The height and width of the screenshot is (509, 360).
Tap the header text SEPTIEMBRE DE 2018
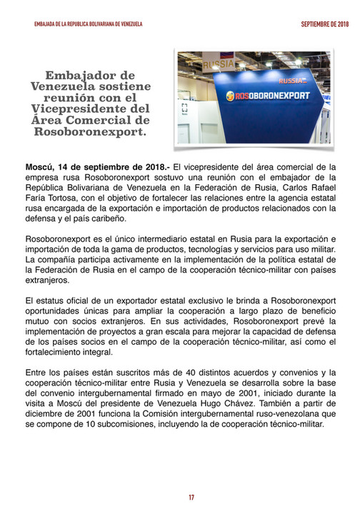pyautogui.click(x=323, y=24)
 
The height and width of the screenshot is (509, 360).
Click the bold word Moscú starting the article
pyautogui.click(x=40, y=166)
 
